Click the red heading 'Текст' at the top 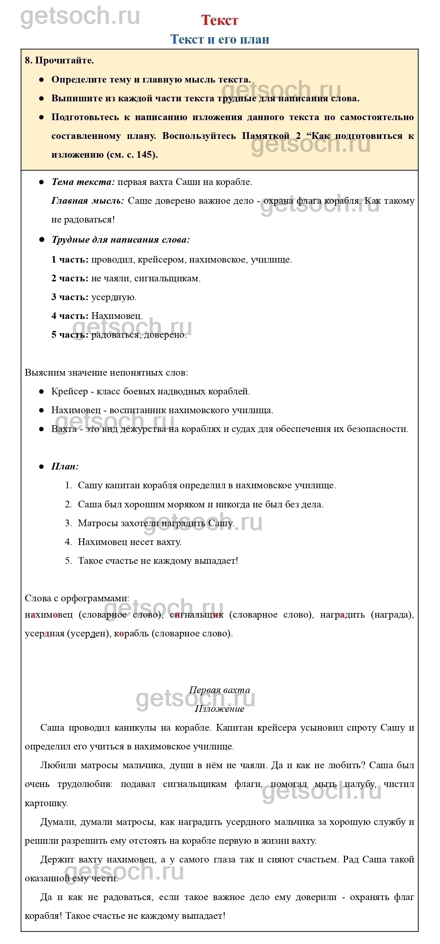pyautogui.click(x=220, y=20)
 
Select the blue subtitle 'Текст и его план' pyautogui.click(x=220, y=39)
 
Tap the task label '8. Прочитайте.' pyautogui.click(x=60, y=61)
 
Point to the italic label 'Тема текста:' pyautogui.click(x=83, y=182)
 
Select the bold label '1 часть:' pyautogui.click(x=69, y=260)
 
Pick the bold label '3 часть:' pyautogui.click(x=69, y=297)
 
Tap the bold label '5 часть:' pyautogui.click(x=69, y=335)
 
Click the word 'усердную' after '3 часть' pyautogui.click(x=113, y=297)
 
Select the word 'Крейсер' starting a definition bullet pyautogui.click(x=69, y=391)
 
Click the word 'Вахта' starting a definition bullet pyautogui.click(x=64, y=429)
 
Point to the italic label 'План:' pyautogui.click(x=65, y=466)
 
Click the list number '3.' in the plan pyautogui.click(x=68, y=523)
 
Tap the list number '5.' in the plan pyautogui.click(x=68, y=561)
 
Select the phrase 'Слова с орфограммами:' pyautogui.click(x=77, y=599)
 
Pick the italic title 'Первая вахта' pyautogui.click(x=219, y=690)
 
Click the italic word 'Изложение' pyautogui.click(x=219, y=709)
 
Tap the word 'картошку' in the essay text pyautogui.click(x=46, y=803)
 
